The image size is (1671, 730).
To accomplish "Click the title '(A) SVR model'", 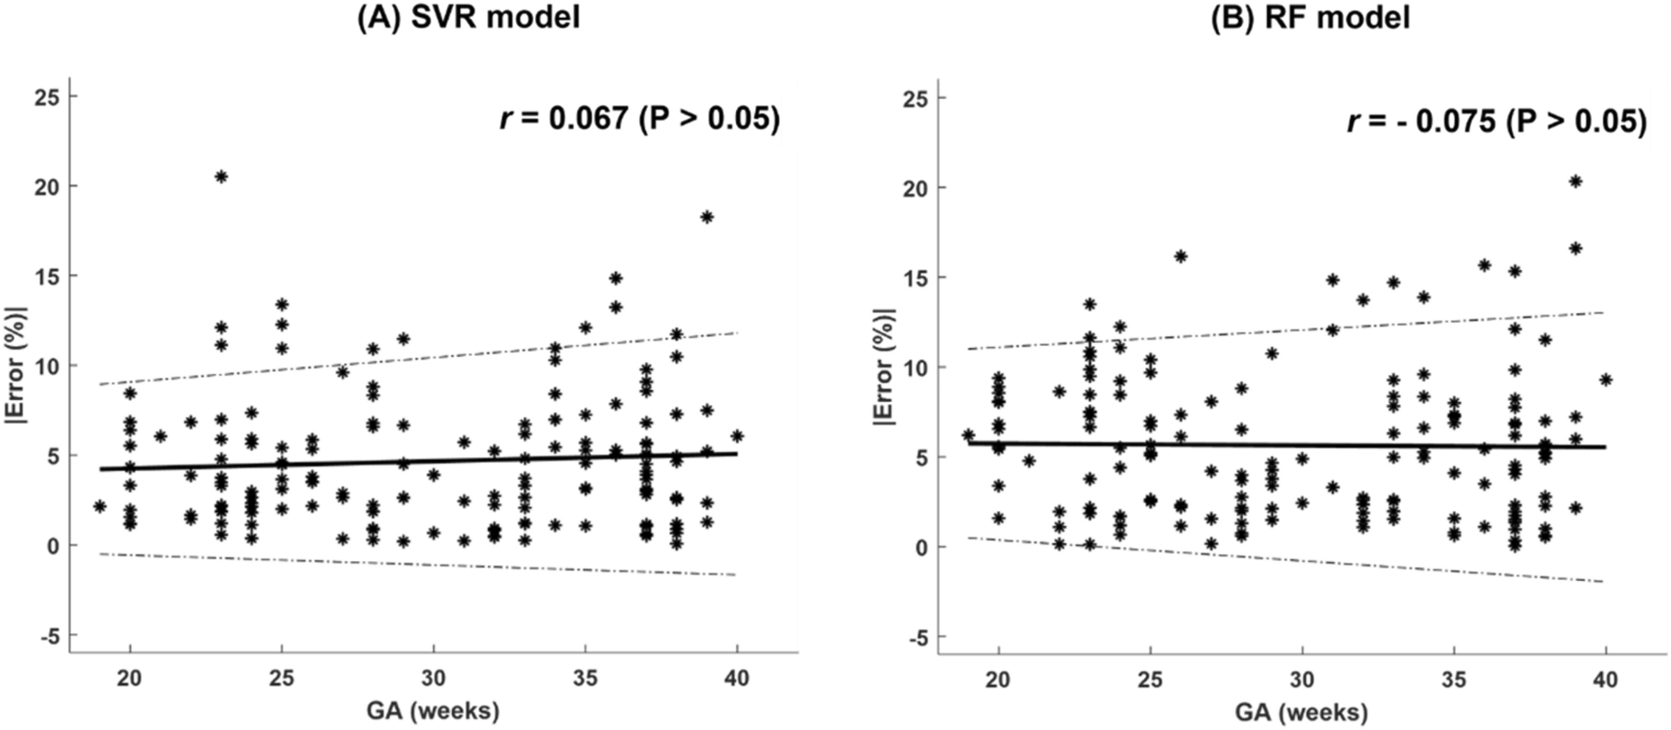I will pos(468,17).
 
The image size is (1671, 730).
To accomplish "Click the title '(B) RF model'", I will pos(1310,17).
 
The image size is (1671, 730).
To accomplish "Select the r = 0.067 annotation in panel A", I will pos(639,119).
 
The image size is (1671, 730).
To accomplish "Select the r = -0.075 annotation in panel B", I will pos(1496,122).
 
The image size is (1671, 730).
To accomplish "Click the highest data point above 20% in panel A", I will pos(221,176).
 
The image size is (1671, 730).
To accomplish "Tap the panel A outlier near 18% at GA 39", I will pos(707,217).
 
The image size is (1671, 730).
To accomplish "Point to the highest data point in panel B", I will pos(1575,181).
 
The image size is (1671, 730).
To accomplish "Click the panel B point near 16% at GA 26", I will pos(1181,256).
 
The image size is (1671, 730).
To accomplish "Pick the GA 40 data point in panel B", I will pos(1606,380).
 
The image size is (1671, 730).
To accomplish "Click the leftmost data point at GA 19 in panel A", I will pos(100,506).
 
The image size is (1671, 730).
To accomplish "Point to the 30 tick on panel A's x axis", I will pos(433,678).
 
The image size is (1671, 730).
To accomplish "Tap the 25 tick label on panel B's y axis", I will pos(916,98).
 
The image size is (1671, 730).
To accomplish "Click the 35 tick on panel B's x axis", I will pos(1454,680).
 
